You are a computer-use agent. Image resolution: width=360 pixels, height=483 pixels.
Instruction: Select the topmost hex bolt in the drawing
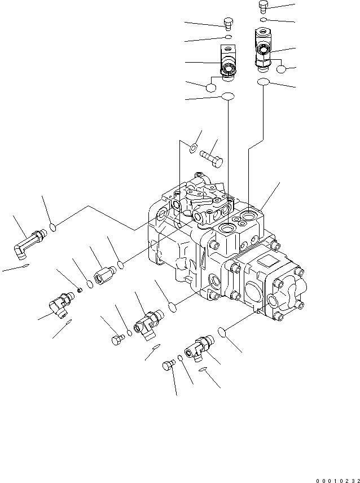[263, 6]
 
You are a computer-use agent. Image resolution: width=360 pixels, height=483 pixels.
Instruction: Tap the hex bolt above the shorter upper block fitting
[227, 24]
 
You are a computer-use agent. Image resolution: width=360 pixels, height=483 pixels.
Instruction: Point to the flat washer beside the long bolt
[192, 148]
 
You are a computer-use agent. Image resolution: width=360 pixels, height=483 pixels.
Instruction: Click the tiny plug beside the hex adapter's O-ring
[80, 289]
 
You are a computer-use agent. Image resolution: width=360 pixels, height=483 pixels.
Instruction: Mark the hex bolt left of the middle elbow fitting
[117, 339]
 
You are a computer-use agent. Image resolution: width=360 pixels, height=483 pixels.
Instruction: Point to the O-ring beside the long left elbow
[52, 227]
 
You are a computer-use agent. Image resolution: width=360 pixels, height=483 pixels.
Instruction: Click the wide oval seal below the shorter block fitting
[227, 96]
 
